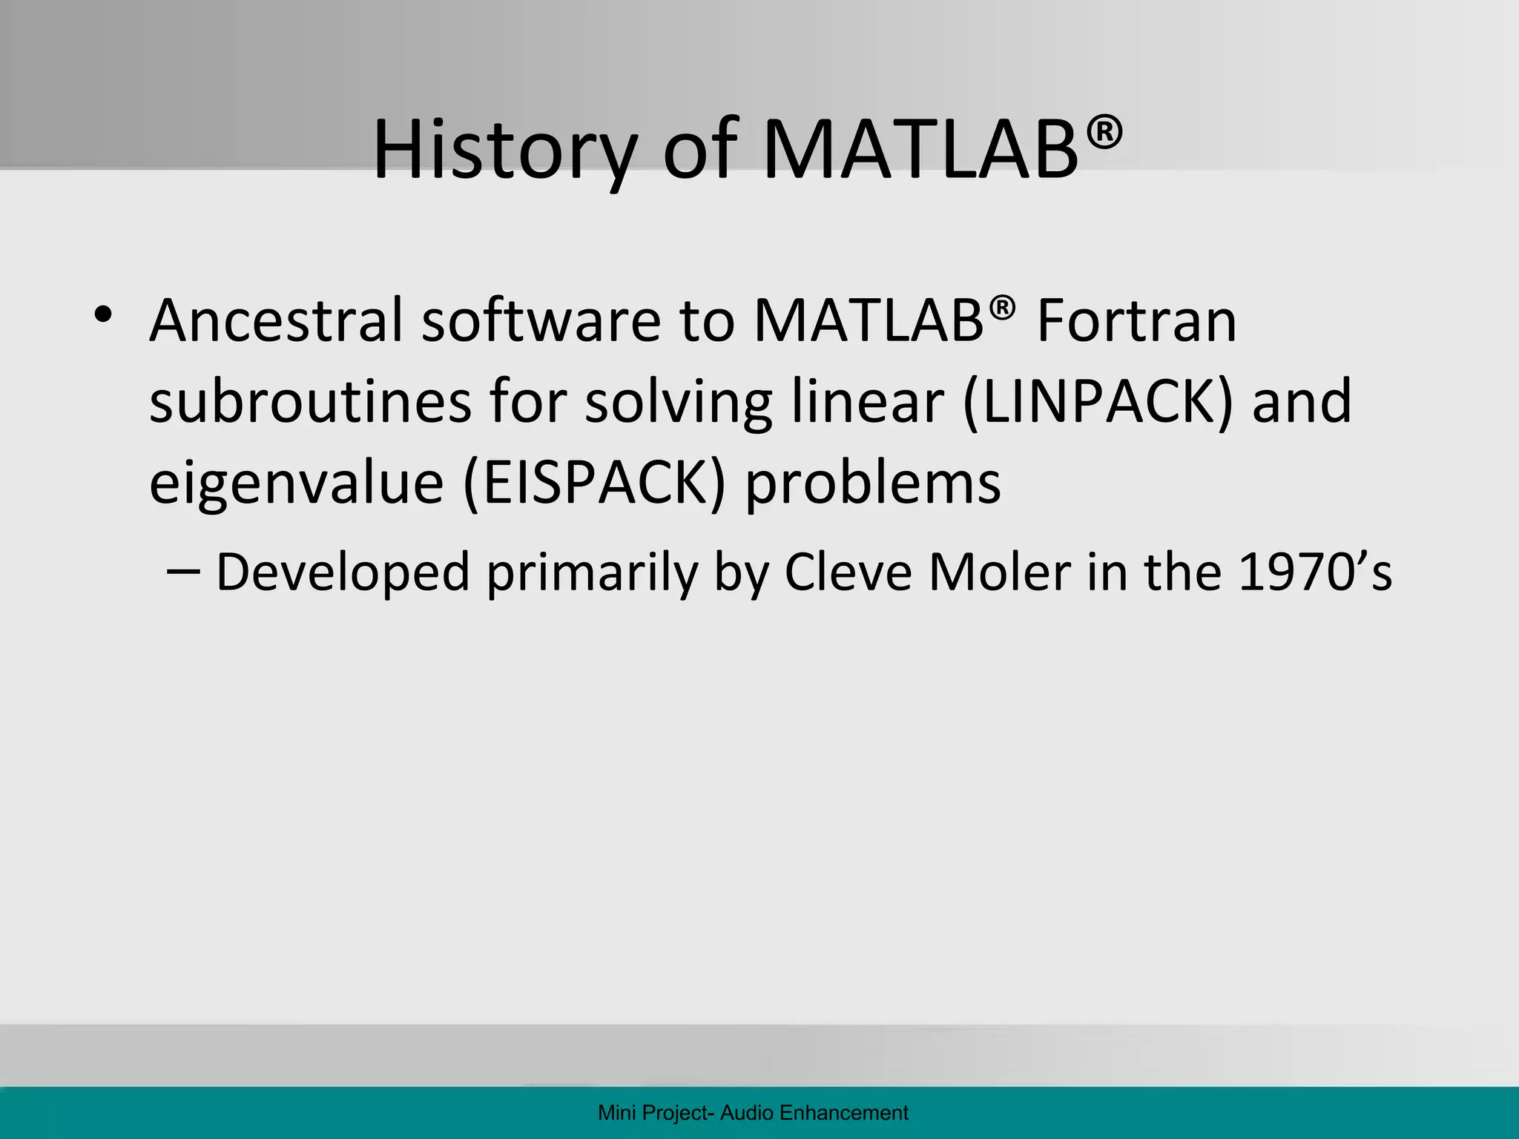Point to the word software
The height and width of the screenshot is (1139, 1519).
[x=541, y=320]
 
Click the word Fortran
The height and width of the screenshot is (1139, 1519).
[x=1136, y=320]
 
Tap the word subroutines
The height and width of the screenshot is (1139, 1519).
[x=310, y=401]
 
